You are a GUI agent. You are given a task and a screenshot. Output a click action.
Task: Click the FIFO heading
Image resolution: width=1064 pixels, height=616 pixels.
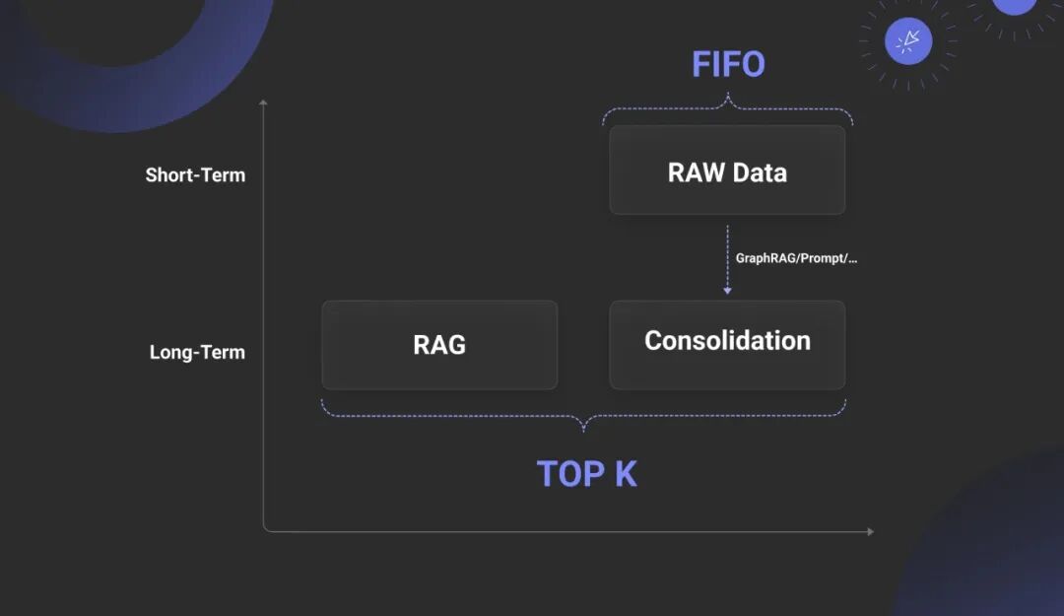[x=728, y=65]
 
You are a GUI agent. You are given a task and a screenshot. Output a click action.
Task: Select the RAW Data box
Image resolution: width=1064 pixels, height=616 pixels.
[x=727, y=170]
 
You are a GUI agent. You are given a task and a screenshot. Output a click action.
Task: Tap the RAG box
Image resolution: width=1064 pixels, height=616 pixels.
[x=439, y=345]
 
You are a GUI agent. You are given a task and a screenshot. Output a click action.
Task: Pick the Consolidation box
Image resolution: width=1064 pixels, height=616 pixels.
[x=727, y=345]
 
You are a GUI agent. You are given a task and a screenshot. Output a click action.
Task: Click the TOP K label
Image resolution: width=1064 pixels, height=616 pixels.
[x=587, y=474]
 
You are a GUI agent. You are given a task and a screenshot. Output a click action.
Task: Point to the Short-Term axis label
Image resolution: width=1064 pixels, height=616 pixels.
[x=195, y=175]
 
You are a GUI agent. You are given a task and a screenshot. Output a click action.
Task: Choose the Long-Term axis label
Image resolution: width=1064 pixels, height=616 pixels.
[x=197, y=352]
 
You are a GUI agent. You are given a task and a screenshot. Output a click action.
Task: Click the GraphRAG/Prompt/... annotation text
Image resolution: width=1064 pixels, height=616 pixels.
[x=796, y=258]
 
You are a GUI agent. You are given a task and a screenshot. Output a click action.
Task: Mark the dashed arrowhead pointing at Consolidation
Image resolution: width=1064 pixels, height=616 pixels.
[x=727, y=291]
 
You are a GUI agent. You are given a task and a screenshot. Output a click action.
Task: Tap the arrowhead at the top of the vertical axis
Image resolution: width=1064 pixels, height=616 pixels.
[x=263, y=102]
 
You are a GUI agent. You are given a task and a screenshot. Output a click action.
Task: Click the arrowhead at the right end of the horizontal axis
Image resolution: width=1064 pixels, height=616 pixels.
[x=870, y=532]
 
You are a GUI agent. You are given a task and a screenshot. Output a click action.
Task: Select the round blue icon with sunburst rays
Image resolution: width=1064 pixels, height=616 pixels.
[x=908, y=41]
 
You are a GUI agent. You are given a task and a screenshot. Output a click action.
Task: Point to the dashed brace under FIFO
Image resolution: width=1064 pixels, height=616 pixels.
[x=728, y=106]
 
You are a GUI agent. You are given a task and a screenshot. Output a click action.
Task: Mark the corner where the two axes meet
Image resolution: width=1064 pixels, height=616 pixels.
[x=265, y=530]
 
